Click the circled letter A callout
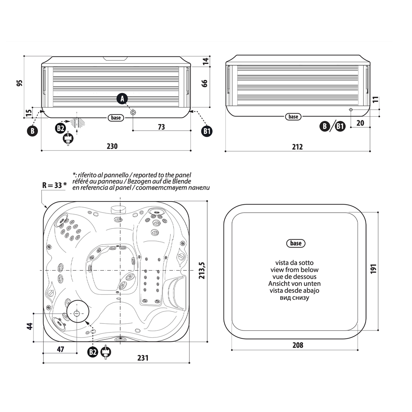tap(122, 98)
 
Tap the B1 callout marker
tap(207, 131)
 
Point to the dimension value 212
tap(297, 147)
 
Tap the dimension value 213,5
tap(201, 270)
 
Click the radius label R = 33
tap(54, 185)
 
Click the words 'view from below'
tap(294, 269)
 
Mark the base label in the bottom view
tap(295, 243)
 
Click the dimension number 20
tap(360, 122)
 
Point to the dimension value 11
tap(375, 100)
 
